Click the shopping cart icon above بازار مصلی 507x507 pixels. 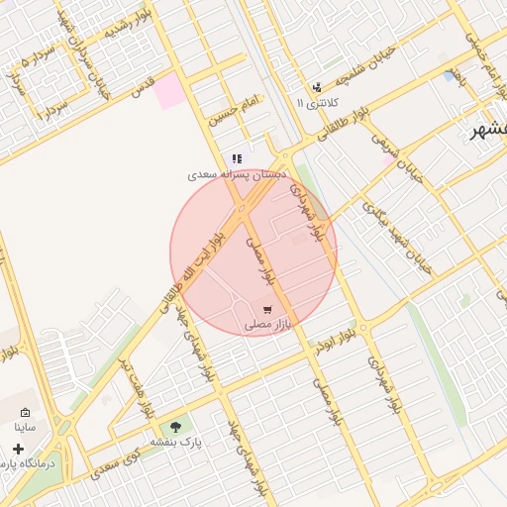[x=266, y=310]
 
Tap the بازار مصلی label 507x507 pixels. [x=265, y=325]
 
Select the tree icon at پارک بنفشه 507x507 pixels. [x=176, y=428]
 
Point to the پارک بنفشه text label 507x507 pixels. [x=175, y=443]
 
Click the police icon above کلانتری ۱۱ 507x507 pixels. [x=317, y=87]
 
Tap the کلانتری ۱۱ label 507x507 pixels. [x=317, y=102]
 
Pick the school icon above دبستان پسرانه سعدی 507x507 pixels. [x=237, y=158]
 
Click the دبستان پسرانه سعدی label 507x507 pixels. [x=237, y=174]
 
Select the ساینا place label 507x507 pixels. [x=25, y=428]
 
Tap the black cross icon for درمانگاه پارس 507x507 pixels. [x=18, y=449]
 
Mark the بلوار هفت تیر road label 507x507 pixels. [x=135, y=381]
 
